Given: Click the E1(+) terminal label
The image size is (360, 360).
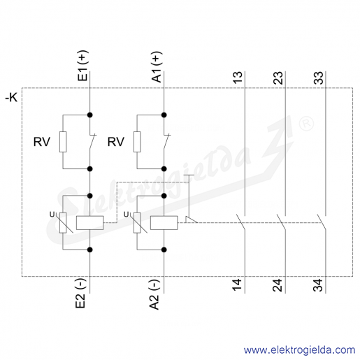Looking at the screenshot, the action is (83, 66).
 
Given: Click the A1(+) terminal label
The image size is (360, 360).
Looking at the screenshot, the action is (157, 66).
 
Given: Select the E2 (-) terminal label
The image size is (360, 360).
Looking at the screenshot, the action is (80, 293).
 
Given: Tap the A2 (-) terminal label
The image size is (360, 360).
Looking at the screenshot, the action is (154, 294).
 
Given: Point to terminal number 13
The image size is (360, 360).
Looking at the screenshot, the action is (238, 78).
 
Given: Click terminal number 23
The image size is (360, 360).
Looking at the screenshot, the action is (278, 78).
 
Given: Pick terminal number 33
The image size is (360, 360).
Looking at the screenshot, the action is (318, 78).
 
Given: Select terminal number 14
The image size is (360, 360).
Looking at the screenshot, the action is (238, 285).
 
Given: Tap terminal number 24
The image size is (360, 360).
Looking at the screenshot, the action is (278, 285).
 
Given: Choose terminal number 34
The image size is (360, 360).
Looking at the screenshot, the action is (318, 285).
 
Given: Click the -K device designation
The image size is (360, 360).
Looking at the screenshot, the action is (11, 97).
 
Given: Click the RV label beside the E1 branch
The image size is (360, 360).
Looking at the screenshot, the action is (42, 142).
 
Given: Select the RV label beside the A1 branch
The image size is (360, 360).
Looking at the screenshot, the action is (116, 142).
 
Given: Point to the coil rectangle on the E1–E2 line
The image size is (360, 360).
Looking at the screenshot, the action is (90, 223).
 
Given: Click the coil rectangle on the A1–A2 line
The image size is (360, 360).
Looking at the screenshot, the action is (164, 223).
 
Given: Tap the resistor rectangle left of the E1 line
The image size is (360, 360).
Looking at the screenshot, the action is (63, 142).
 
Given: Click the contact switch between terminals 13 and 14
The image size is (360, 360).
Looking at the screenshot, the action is (241, 222).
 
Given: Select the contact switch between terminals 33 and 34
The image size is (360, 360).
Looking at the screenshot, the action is (322, 222).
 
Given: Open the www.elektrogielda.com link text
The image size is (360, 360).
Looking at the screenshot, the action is (300, 350).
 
